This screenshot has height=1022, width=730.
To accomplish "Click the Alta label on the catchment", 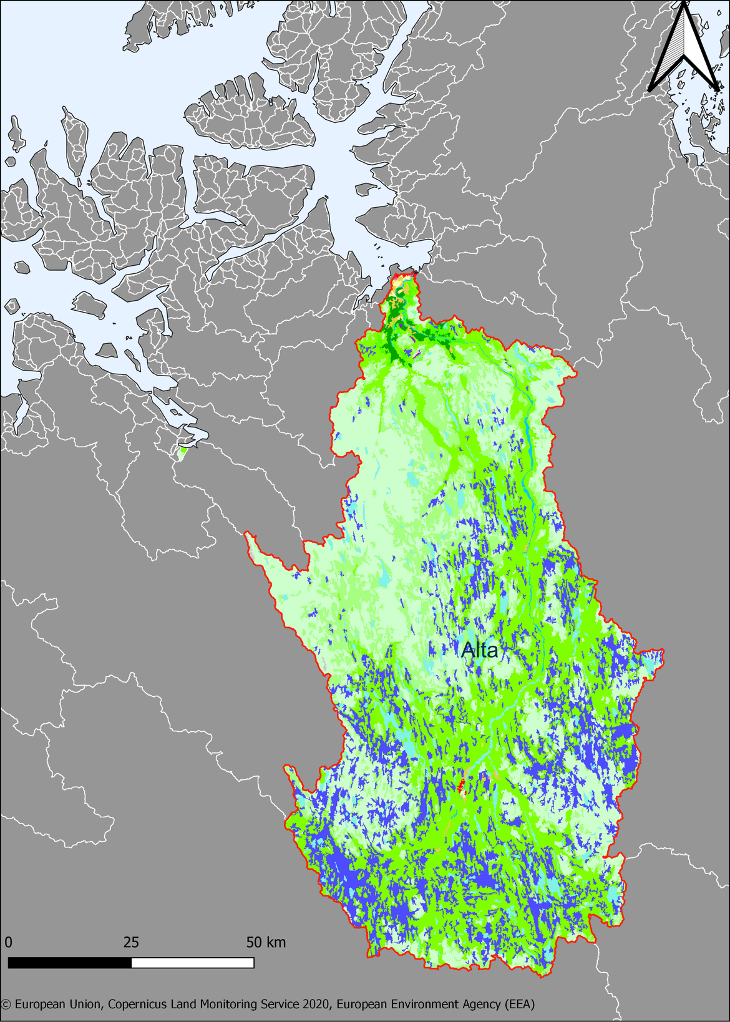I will (x=479, y=650).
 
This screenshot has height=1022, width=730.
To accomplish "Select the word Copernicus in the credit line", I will (x=141, y=1005).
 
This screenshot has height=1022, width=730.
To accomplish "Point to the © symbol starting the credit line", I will (x=6, y=1005).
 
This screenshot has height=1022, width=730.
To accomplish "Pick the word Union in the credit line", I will (x=85, y=1005).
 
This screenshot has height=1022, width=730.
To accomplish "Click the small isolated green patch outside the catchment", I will (x=182, y=452).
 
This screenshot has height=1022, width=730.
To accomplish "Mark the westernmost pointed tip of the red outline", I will (x=246, y=534).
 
